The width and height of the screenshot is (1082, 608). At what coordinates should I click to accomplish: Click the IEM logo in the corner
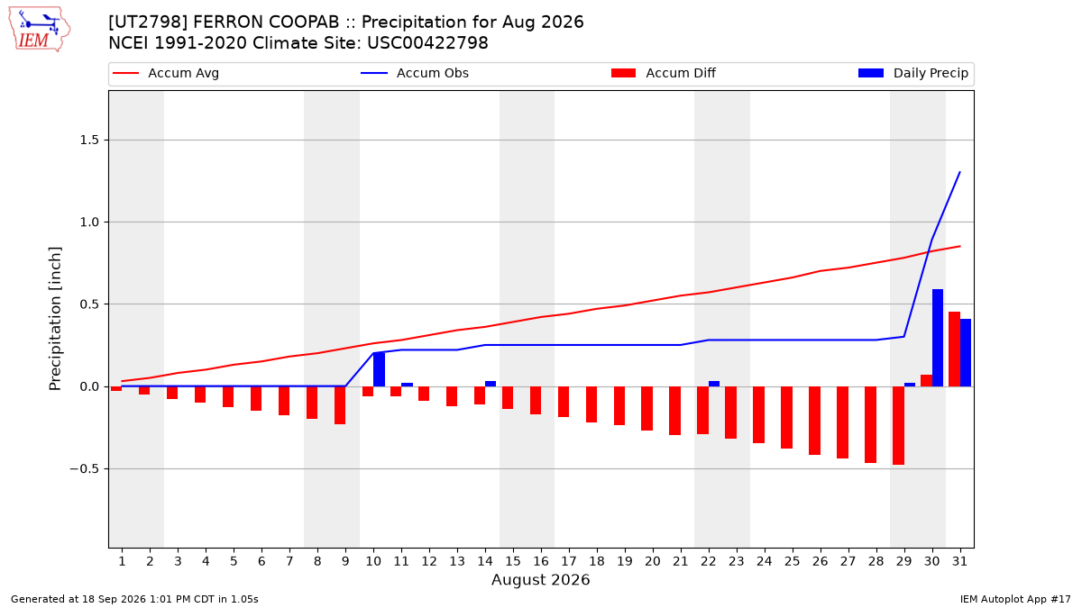tap(40, 30)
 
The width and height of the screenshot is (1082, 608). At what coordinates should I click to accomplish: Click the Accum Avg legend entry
tap(166, 73)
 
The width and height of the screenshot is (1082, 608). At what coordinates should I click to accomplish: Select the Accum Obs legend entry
tap(415, 73)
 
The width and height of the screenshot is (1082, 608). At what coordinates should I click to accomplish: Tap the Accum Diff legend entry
tap(664, 73)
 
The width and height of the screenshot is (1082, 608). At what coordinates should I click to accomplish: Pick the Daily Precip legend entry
tap(912, 73)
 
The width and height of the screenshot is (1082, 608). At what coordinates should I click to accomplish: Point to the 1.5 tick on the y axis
tap(89, 140)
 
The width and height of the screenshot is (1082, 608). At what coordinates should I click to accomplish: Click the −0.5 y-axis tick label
tap(85, 469)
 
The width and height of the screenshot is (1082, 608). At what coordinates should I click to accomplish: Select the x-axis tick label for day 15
tap(513, 561)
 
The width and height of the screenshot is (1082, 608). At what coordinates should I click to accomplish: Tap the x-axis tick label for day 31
tap(959, 561)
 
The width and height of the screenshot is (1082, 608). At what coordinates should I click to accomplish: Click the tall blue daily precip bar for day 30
tap(938, 338)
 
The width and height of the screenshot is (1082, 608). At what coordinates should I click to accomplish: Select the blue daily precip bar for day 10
tap(380, 369)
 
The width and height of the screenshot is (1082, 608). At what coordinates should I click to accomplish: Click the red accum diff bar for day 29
tap(898, 425)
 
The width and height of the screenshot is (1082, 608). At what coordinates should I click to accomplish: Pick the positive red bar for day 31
tap(955, 349)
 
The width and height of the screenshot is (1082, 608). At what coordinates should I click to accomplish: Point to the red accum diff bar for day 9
tap(340, 405)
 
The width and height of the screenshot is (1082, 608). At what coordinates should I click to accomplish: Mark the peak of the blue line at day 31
tap(959, 172)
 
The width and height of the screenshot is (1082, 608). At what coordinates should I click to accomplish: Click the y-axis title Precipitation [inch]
tap(55, 319)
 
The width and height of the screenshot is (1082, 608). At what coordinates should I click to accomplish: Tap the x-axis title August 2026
tap(540, 579)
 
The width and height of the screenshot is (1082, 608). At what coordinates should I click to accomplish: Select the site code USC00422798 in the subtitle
tap(427, 43)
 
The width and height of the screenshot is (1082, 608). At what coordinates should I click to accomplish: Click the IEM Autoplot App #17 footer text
tap(1015, 599)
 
